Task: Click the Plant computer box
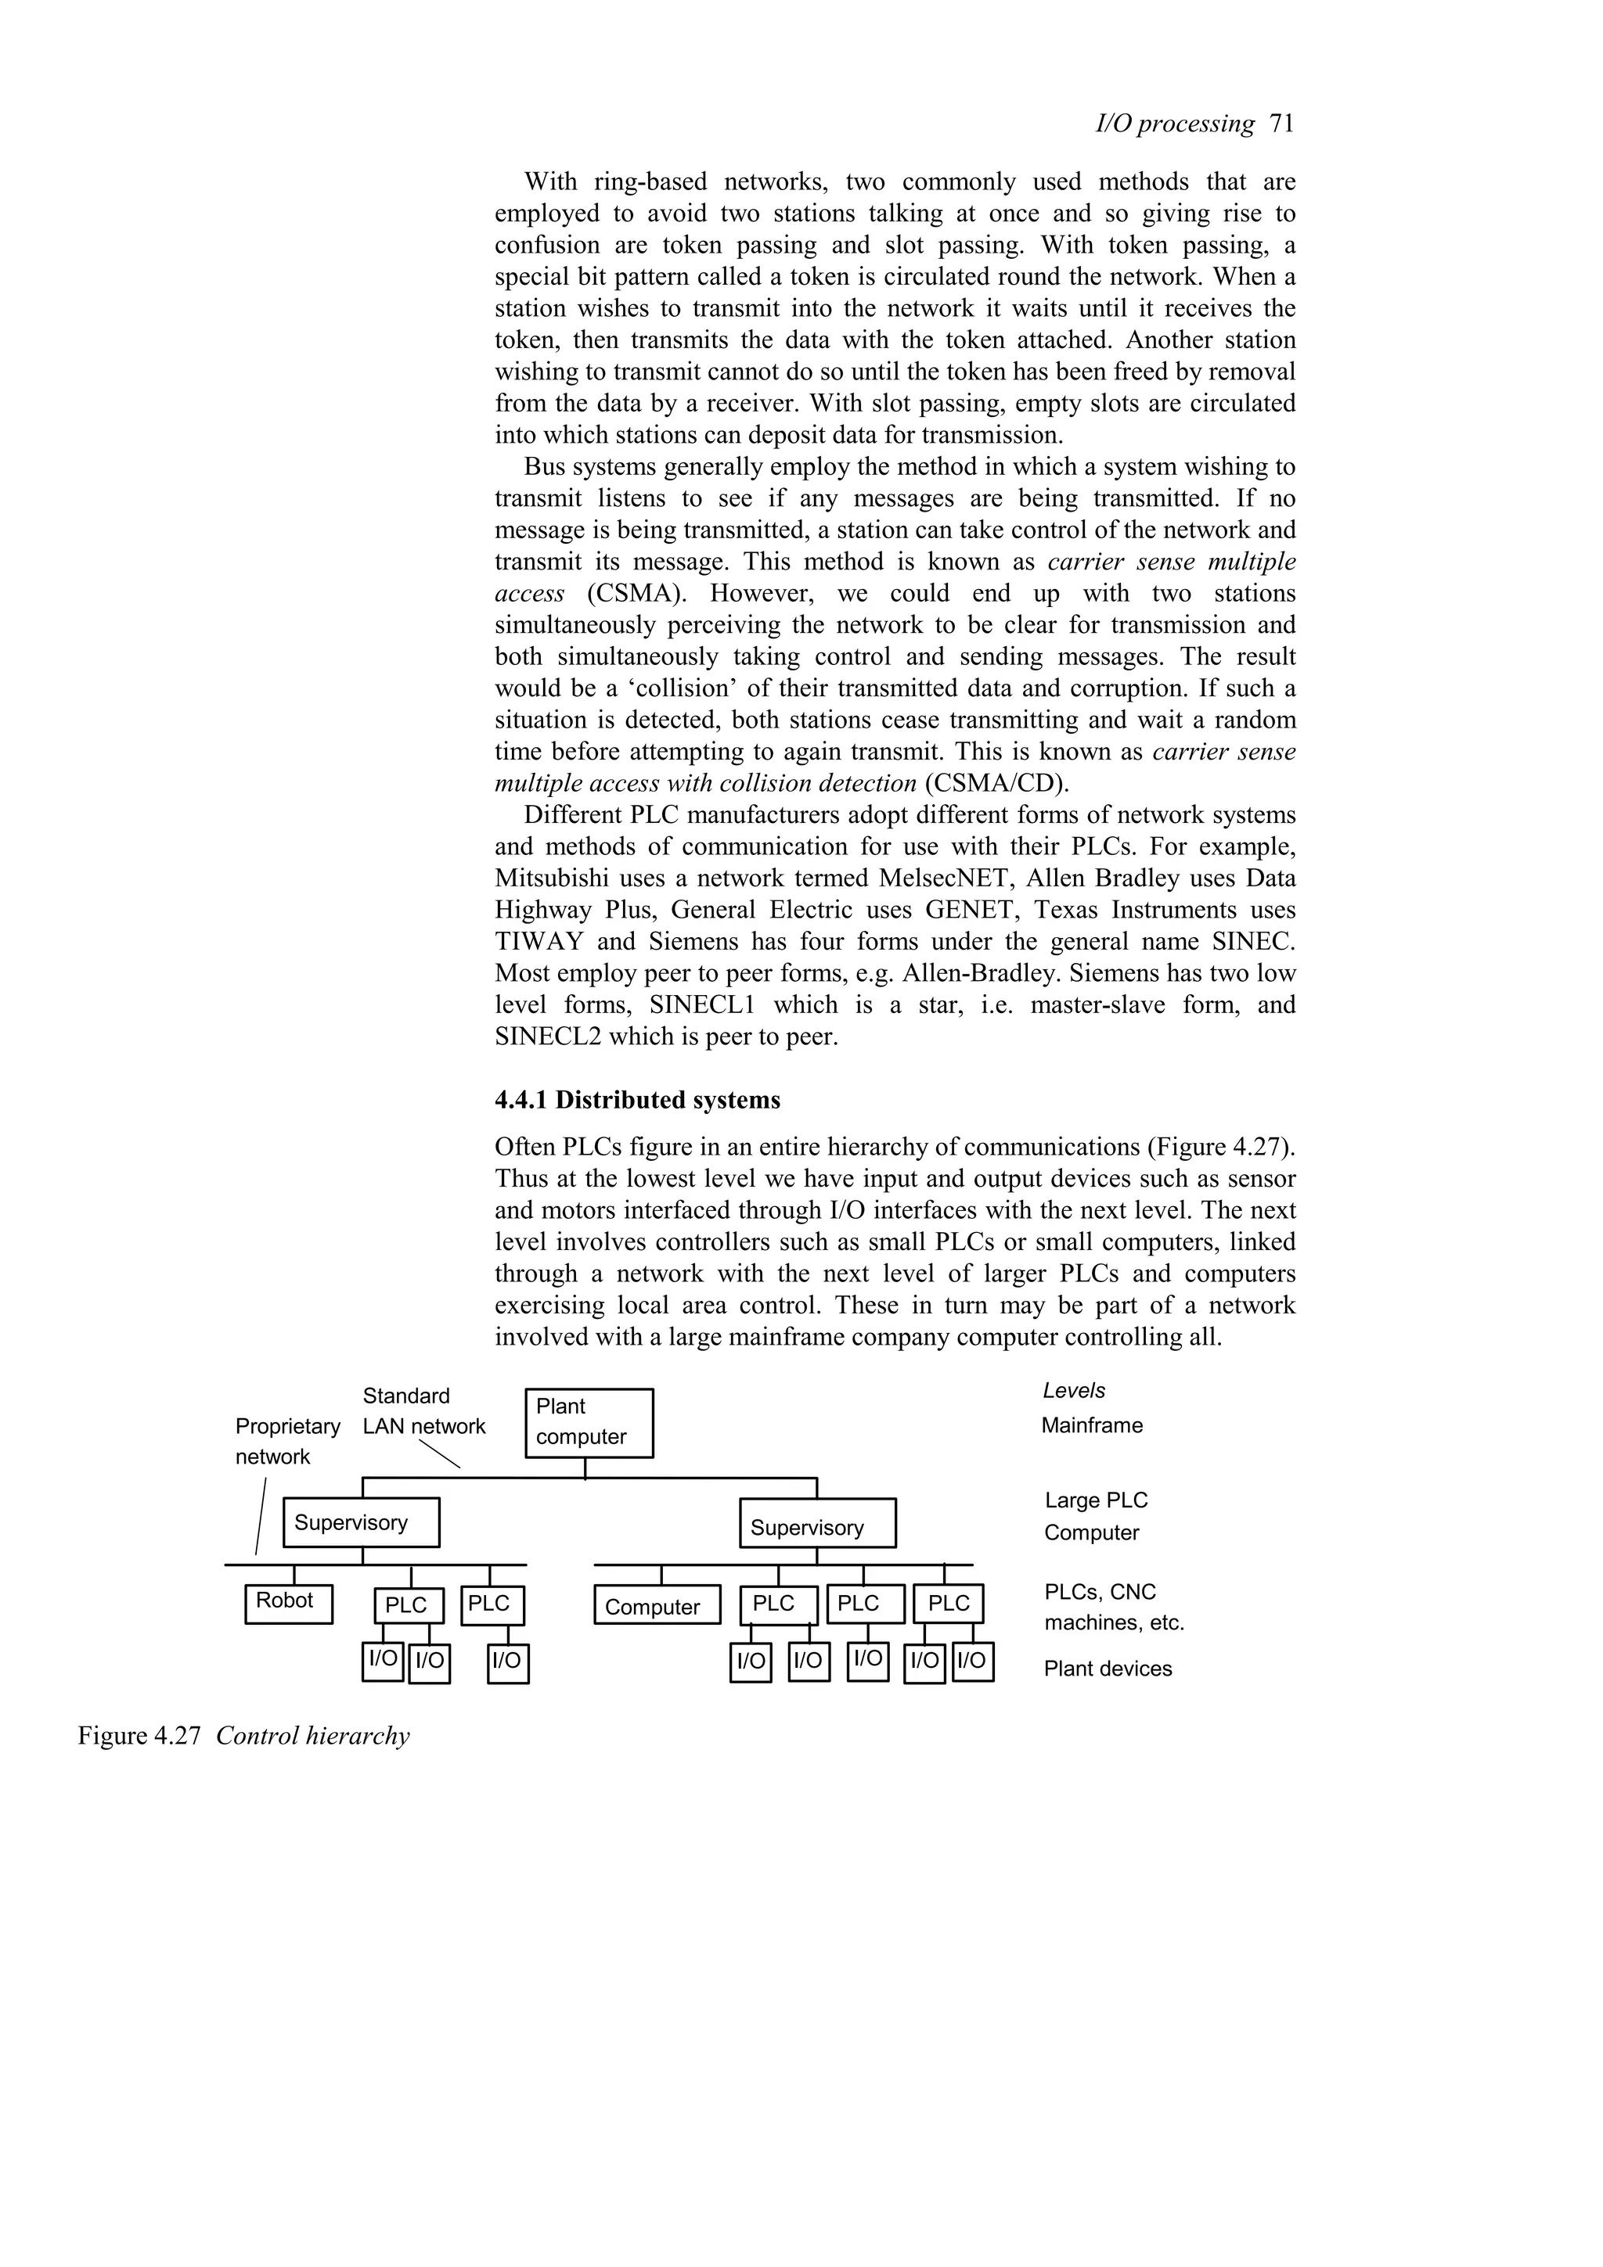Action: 589,1422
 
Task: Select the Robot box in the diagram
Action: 288,1604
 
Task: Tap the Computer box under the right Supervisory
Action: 652,1607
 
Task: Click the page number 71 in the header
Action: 1281,124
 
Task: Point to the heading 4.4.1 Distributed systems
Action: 637,1100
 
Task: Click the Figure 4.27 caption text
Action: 243,1736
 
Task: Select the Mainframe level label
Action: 1091,1426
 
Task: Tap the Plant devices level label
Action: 1108,1669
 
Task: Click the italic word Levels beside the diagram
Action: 1074,1390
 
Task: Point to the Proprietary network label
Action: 286,1441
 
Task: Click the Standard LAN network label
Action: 423,1411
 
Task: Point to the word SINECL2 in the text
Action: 547,1036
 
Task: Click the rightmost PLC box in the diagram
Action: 948,1604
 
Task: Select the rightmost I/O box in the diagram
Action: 972,1661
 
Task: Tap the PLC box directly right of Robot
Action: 408,1605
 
